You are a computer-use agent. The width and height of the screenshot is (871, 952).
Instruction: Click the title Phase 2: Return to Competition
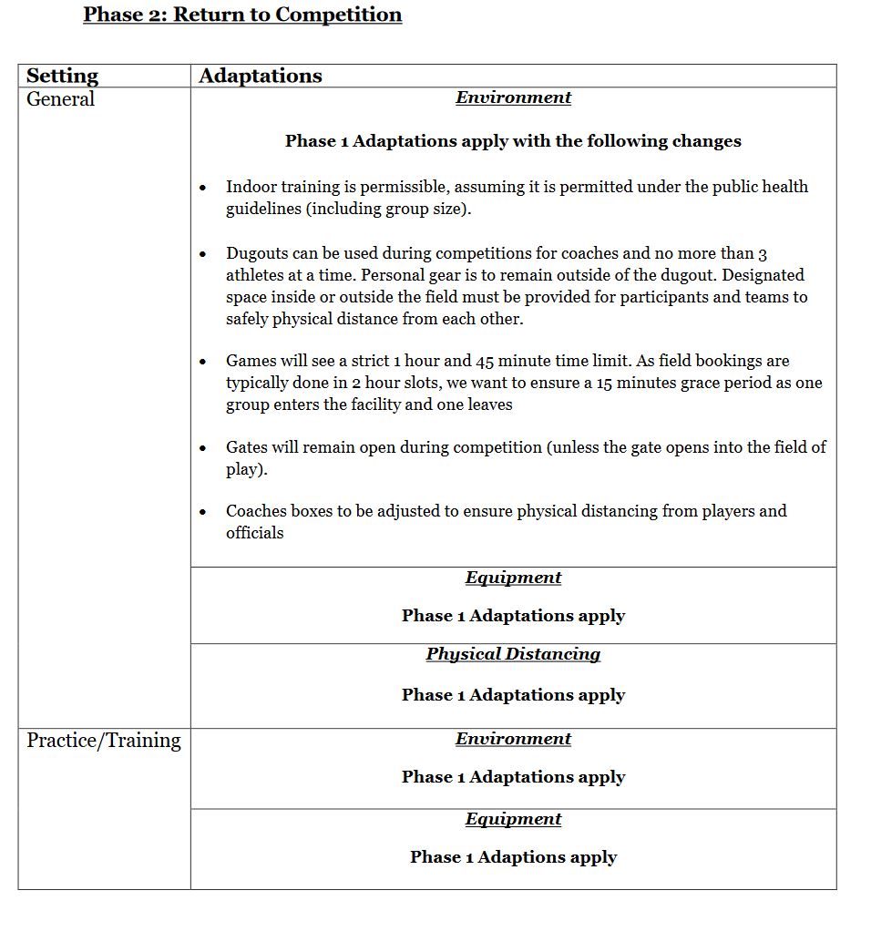click(242, 15)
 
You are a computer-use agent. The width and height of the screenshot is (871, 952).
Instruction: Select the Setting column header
click(62, 76)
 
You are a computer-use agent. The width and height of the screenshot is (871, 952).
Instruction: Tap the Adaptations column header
click(261, 76)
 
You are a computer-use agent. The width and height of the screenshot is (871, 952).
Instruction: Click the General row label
click(60, 98)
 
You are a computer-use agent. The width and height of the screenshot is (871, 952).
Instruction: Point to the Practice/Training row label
click(104, 740)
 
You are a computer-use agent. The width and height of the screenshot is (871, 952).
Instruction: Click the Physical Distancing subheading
click(513, 654)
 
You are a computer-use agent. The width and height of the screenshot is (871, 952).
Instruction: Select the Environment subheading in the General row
click(513, 97)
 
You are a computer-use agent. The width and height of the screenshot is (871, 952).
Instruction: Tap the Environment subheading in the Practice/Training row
click(513, 739)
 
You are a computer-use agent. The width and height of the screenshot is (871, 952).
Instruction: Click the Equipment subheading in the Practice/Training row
click(513, 819)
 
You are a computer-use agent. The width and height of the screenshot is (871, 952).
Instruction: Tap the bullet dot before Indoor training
click(203, 188)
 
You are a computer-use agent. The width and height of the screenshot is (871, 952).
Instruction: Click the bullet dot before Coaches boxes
click(203, 512)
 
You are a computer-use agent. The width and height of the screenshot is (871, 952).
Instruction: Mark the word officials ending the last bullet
click(255, 533)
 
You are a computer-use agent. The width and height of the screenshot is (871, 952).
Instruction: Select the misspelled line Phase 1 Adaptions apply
click(513, 857)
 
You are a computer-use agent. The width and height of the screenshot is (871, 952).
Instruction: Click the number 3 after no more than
click(763, 254)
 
